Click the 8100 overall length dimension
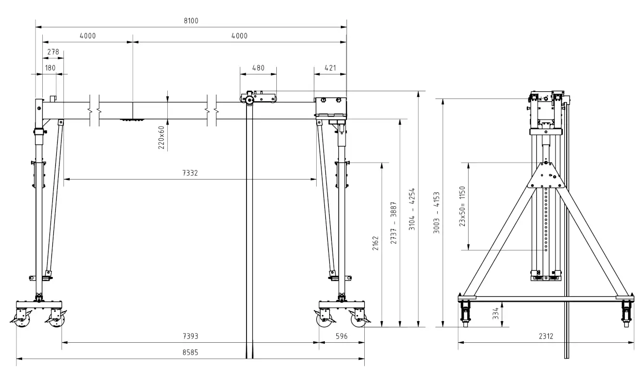coord(191,21)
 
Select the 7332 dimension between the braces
coord(190,173)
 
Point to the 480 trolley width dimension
coord(258,68)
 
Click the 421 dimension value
coord(330,68)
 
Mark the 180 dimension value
coord(50,68)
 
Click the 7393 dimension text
coord(190,337)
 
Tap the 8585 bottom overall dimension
coord(190,352)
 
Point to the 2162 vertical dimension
coord(376,244)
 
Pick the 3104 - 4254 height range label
coord(412,209)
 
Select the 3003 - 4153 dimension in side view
coord(436,212)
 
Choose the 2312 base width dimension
coord(545,336)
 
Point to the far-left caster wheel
coord(20,322)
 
